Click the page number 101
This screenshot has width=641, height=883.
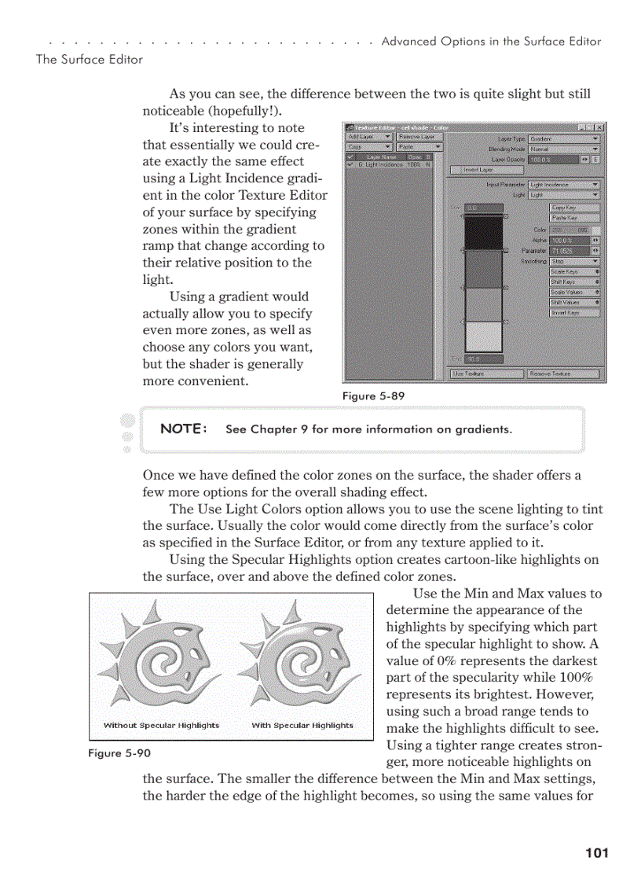(x=597, y=852)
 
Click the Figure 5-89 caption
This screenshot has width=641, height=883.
(x=373, y=396)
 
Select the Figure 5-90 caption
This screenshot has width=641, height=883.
(x=119, y=753)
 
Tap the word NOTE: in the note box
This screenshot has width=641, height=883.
(x=184, y=429)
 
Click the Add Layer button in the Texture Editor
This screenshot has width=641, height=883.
(x=368, y=137)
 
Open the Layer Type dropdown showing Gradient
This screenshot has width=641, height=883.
(x=564, y=138)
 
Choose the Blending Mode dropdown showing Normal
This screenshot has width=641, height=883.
(x=564, y=148)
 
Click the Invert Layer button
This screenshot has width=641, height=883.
(x=472, y=169)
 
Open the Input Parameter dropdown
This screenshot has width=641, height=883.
(x=564, y=185)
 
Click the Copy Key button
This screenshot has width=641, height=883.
(x=574, y=208)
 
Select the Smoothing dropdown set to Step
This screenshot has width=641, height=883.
(x=574, y=261)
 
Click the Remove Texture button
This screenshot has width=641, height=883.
(x=562, y=374)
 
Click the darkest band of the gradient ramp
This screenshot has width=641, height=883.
(x=483, y=233)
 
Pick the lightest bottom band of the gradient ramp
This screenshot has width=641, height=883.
(x=483, y=336)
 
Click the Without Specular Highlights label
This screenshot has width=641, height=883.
(x=161, y=725)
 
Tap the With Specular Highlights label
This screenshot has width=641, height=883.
(x=302, y=725)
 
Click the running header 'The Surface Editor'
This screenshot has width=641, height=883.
(x=90, y=59)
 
